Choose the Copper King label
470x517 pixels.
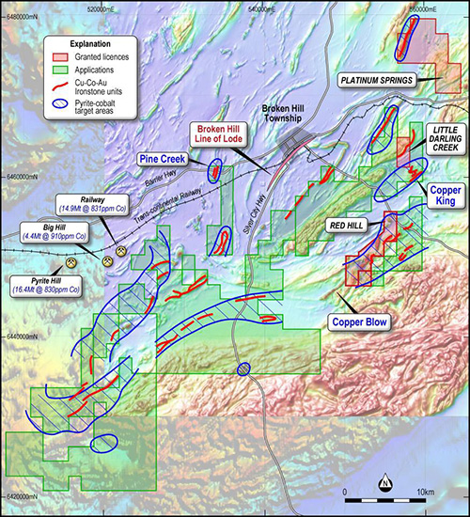(x=446, y=195)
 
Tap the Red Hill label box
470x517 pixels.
(x=350, y=226)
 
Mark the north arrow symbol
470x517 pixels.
(x=385, y=484)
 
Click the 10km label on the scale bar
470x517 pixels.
(x=424, y=493)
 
